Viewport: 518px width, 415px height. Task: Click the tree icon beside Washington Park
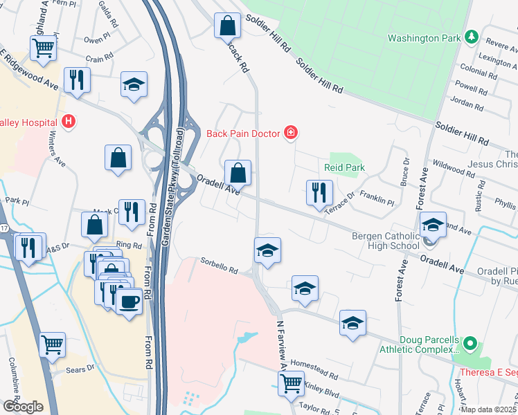pos(472,36)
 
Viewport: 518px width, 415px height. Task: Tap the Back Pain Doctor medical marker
pos(291,132)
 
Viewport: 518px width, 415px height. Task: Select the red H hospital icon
pos(68,122)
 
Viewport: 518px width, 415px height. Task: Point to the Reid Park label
pos(344,168)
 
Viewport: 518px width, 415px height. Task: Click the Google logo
pos(23,406)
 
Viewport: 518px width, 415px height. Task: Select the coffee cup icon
pos(129,302)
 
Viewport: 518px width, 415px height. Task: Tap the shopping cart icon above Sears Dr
pos(53,344)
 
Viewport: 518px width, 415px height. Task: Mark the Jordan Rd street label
pos(466,104)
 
